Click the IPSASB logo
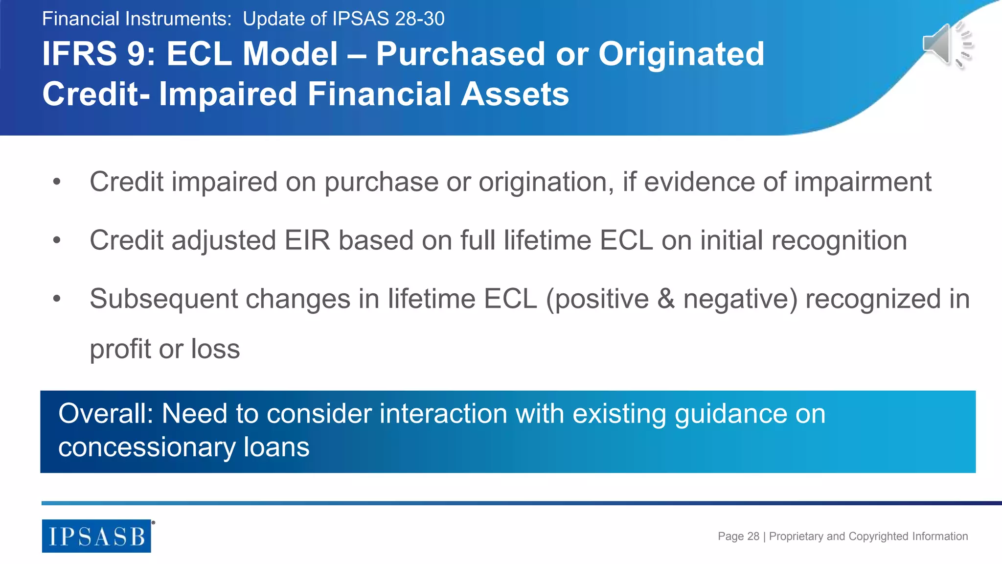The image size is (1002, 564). [96, 536]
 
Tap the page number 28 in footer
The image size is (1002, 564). [753, 536]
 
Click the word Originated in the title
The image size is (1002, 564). [681, 54]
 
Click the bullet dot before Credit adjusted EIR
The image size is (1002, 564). [57, 240]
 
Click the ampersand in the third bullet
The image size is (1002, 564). [666, 299]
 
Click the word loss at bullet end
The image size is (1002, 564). [215, 349]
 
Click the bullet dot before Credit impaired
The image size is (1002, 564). [57, 182]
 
